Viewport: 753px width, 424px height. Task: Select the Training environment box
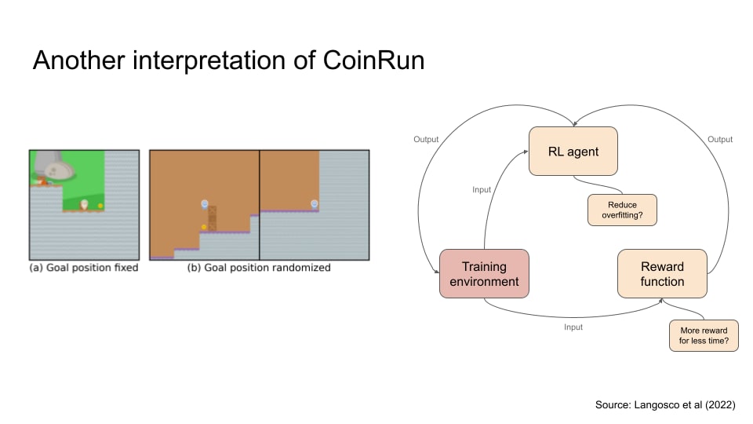pyautogui.click(x=484, y=273)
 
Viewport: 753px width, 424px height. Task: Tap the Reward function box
pyautogui.click(x=662, y=273)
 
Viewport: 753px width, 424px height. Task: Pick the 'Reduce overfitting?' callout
pyautogui.click(x=621, y=210)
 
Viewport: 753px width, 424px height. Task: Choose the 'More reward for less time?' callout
pyautogui.click(x=703, y=335)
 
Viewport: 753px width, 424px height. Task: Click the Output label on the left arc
pyautogui.click(x=426, y=140)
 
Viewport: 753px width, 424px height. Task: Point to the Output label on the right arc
pyautogui.click(x=720, y=140)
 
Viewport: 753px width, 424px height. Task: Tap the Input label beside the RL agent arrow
pyautogui.click(x=482, y=190)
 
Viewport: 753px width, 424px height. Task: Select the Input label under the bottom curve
pyautogui.click(x=573, y=327)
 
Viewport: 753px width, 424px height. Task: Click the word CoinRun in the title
pyautogui.click(x=373, y=60)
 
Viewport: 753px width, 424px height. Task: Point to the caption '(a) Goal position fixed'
pyautogui.click(x=83, y=268)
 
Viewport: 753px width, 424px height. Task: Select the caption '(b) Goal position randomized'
pyautogui.click(x=259, y=268)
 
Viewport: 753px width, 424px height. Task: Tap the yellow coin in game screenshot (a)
pyautogui.click(x=100, y=207)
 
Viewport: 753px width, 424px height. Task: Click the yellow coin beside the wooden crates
pyautogui.click(x=204, y=228)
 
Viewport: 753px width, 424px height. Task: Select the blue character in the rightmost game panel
pyautogui.click(x=315, y=204)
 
